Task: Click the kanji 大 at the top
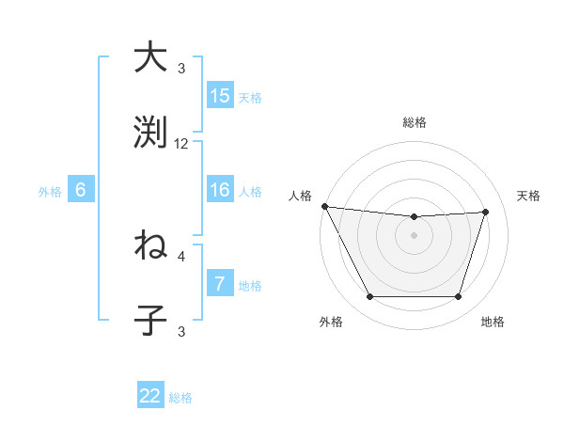coord(150,57)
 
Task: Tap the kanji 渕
coord(150,132)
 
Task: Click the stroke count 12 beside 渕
coord(181,144)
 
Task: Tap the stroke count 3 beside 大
coord(181,69)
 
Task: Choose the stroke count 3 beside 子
coord(181,331)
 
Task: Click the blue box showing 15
coord(220,96)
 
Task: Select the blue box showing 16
coord(220,190)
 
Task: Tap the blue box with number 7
coord(220,284)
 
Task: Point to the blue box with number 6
coord(81,190)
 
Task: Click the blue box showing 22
coord(150,397)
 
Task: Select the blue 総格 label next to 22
coord(180,398)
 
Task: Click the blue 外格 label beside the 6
coord(50,191)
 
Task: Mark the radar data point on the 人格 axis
coord(324,206)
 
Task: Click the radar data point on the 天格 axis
coord(486,212)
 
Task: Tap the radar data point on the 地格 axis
coord(459,297)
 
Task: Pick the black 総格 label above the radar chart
coord(415,122)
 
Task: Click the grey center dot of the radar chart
coord(415,235)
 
